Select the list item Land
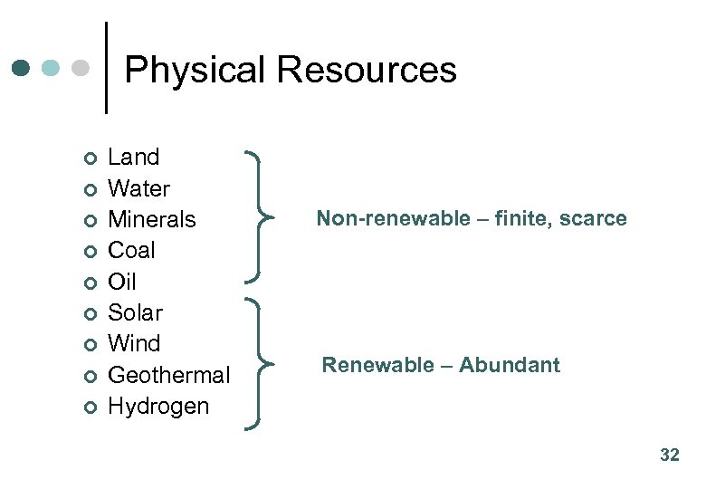133,158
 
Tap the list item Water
138,188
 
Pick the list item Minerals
151,219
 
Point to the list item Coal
131,250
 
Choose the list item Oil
121,282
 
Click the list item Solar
135,312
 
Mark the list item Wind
133,343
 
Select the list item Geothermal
168,375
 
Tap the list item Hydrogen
157,406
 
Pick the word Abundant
509,365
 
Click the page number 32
669,455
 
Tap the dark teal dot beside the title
23,68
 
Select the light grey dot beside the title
81,68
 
